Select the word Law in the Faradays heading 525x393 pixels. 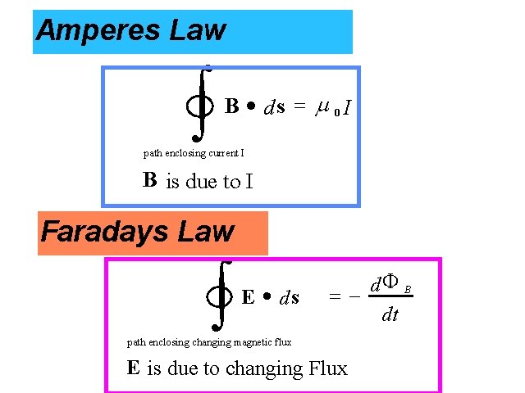[212, 232]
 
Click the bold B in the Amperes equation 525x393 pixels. [232, 106]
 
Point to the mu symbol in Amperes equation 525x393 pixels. [322, 106]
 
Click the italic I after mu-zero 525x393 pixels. [349, 107]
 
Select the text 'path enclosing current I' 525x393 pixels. [194, 152]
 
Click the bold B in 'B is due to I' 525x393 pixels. [149, 179]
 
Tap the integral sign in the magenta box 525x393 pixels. [219, 295]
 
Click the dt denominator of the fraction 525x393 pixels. [390, 314]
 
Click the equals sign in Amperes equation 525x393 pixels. [300, 106]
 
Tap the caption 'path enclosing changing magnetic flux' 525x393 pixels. [209, 341]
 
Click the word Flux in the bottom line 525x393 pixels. [326, 368]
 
